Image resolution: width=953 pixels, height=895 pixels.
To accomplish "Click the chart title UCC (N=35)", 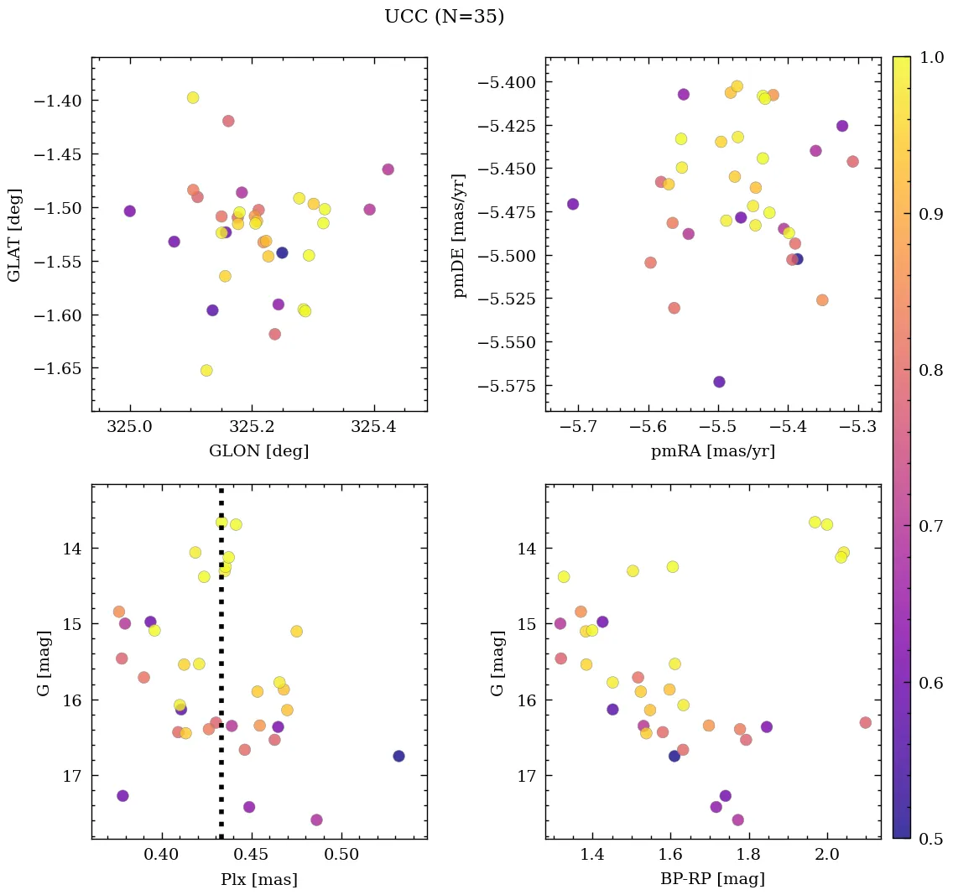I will pyautogui.click(x=444, y=17).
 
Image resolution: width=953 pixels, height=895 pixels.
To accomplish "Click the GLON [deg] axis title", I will pyautogui.click(x=258, y=451).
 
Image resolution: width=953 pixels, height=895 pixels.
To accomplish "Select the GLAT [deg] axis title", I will pyautogui.click(x=14, y=235).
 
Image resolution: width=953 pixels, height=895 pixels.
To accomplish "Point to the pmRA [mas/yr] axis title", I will pyautogui.click(x=712, y=451).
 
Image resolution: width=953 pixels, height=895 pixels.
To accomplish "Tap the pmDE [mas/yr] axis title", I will pyautogui.click(x=460, y=235).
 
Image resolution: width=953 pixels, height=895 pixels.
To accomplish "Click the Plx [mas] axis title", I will pyautogui.click(x=258, y=880).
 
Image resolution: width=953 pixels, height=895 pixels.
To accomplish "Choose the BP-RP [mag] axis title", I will pyautogui.click(x=712, y=880).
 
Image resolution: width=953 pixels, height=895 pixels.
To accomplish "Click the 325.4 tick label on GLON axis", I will pyautogui.click(x=373, y=428).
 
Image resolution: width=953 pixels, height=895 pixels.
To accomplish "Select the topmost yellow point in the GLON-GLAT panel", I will pyautogui.click(x=193, y=97).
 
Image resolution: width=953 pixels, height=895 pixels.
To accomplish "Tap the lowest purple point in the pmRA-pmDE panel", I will pyautogui.click(x=719, y=382).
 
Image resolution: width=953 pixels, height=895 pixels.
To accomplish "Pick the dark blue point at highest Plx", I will pyautogui.click(x=398, y=756).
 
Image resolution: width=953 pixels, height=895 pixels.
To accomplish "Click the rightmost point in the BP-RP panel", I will pyautogui.click(x=866, y=722).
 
